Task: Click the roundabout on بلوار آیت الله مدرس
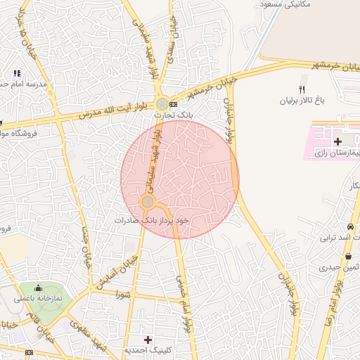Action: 162,104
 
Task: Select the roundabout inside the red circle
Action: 148,202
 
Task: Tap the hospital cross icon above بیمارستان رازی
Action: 337,142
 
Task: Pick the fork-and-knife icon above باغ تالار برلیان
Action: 302,89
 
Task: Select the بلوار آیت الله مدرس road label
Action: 112,110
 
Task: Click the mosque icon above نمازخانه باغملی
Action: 38,288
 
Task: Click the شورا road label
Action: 124,295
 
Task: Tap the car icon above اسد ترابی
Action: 349,227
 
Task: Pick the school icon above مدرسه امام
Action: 17,73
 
